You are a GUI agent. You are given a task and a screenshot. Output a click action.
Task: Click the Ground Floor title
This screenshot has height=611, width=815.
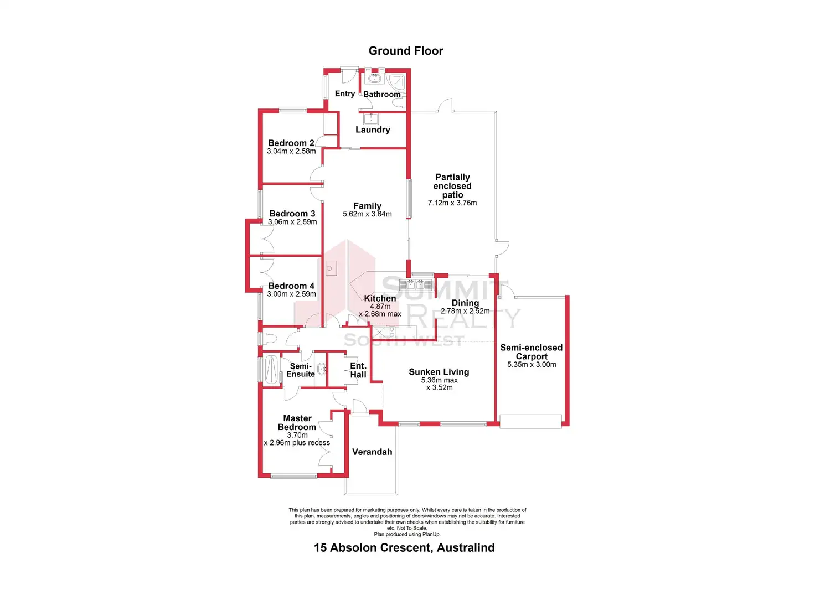click(x=406, y=51)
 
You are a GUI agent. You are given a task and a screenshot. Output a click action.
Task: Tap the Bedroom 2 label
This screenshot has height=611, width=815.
click(x=291, y=143)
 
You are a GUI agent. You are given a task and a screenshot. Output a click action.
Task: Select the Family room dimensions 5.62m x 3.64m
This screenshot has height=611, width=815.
click(x=367, y=214)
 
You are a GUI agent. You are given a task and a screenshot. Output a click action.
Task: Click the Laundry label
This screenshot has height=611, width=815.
click(x=373, y=130)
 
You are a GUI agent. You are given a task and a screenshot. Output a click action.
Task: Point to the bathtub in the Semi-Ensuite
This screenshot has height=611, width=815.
click(x=271, y=369)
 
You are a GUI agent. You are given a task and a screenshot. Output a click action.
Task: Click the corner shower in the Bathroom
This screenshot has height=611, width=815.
click(x=396, y=81)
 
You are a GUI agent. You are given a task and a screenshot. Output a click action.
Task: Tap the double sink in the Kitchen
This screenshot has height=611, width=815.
click(x=415, y=285)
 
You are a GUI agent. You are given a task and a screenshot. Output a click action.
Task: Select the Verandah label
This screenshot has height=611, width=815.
click(x=372, y=452)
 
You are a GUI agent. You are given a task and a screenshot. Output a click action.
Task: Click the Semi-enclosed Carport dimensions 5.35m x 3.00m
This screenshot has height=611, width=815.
click(x=532, y=365)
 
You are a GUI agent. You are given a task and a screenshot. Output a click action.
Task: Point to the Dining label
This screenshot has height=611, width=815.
click(x=465, y=303)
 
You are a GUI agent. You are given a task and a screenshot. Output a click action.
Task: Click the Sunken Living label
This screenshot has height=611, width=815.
click(x=439, y=372)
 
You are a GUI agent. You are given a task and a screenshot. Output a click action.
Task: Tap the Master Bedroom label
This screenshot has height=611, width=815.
click(x=297, y=423)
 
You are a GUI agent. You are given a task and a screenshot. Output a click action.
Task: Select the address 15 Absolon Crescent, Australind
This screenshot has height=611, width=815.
click(x=404, y=547)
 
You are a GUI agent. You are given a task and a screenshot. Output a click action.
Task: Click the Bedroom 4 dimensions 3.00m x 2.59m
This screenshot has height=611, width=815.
click(x=291, y=294)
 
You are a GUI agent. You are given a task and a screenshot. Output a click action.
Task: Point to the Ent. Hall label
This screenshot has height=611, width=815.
click(x=358, y=370)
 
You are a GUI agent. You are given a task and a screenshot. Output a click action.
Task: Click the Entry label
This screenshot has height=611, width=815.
click(x=345, y=94)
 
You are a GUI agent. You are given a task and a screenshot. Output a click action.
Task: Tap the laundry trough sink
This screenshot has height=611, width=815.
click(x=370, y=118)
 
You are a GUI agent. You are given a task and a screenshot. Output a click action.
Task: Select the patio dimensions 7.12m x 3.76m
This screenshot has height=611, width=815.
click(x=452, y=203)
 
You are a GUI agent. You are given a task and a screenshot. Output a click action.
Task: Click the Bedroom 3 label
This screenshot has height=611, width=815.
click(x=292, y=214)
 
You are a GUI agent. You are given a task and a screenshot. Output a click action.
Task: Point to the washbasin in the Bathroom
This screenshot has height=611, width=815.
click(x=375, y=79)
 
